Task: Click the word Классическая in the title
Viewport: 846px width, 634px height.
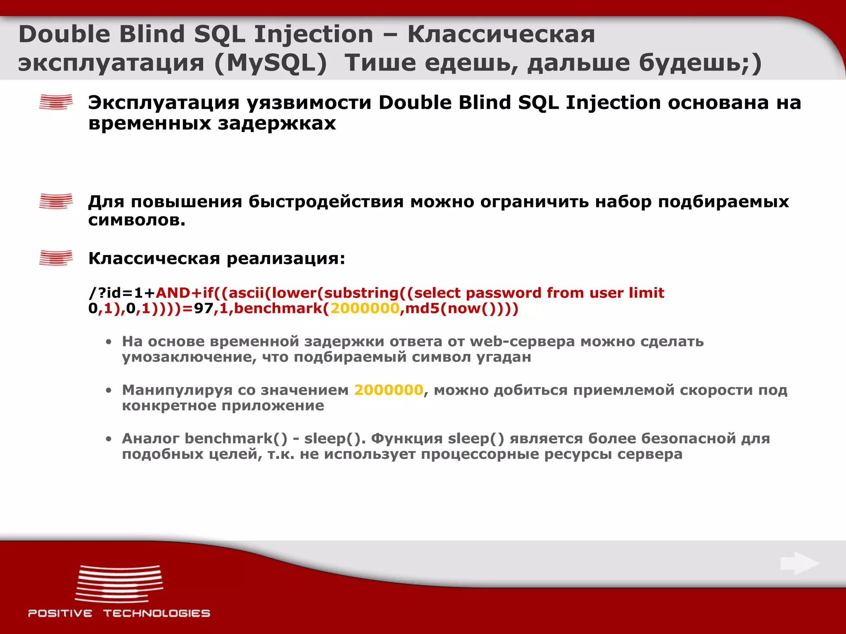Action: pos(501,34)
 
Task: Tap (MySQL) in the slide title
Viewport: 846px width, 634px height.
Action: pos(271,63)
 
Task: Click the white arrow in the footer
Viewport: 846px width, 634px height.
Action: pos(800,563)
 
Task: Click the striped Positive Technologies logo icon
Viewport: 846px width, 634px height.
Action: pos(119,584)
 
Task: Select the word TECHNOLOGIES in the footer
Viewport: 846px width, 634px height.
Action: pos(157,613)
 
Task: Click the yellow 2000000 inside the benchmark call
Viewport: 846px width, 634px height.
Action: pos(365,308)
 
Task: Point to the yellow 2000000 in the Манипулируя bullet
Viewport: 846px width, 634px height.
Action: pos(388,390)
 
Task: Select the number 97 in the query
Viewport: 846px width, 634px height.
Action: pos(203,308)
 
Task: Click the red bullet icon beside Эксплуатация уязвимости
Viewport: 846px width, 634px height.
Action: pos(56,102)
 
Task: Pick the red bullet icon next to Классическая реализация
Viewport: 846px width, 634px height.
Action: pos(56,258)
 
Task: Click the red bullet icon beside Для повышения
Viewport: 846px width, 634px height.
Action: pos(56,201)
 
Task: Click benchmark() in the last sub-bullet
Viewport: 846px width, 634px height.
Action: pos(235,438)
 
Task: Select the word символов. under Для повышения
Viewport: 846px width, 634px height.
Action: pos(137,220)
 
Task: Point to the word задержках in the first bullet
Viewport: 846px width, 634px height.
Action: pos(277,123)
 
